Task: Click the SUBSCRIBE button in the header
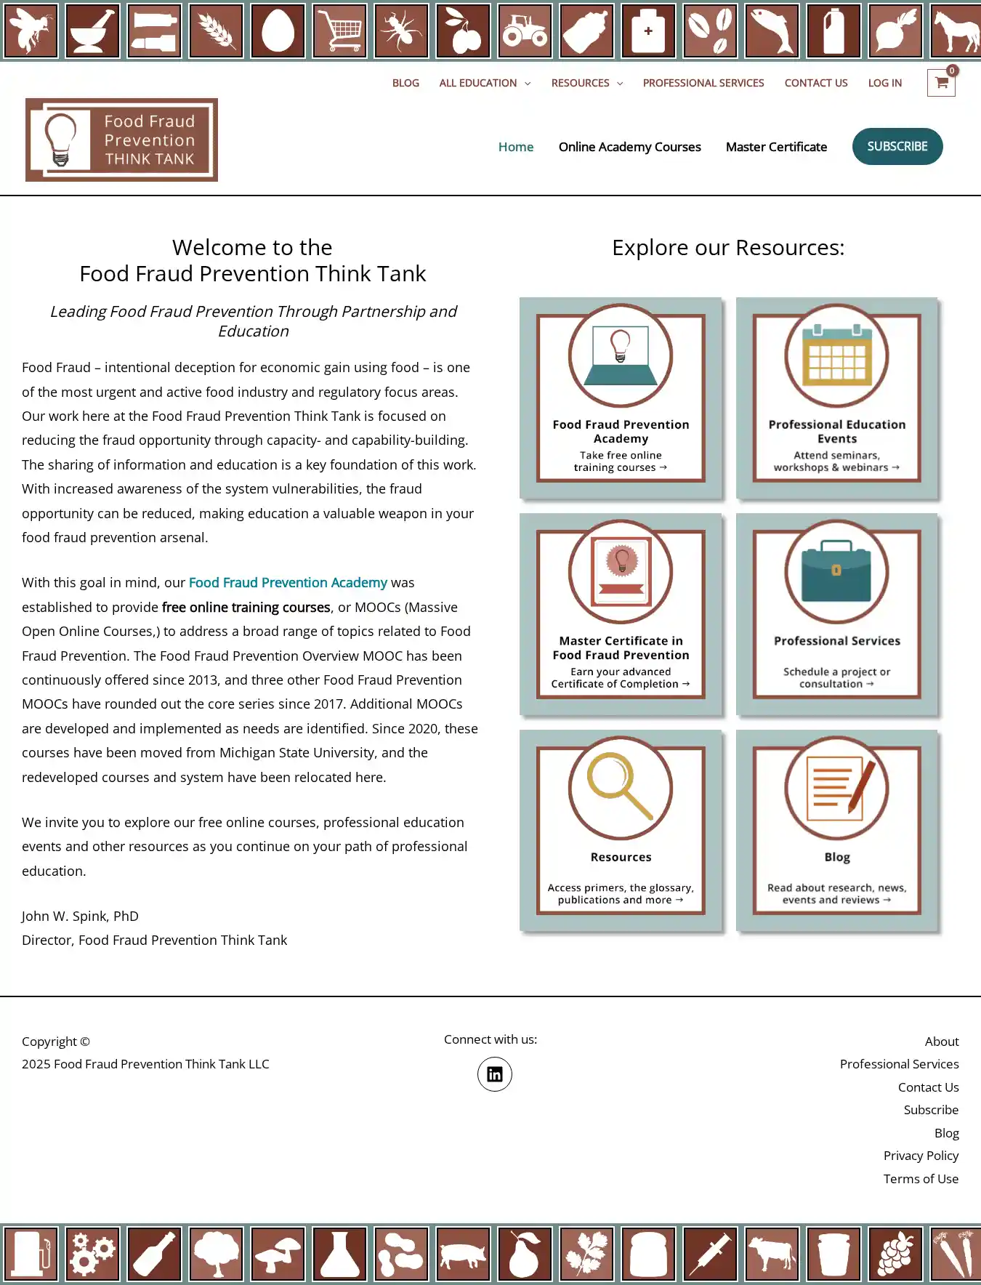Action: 897,147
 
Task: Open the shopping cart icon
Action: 941,83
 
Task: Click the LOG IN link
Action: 884,83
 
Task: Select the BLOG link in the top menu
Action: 405,83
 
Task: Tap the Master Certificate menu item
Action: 776,147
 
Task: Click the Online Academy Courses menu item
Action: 629,147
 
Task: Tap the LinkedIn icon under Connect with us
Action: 494,1074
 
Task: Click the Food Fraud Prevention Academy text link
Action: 288,583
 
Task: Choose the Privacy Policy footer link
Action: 921,1156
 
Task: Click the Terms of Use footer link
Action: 921,1179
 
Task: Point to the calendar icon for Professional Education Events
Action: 837,355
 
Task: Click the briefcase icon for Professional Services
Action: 836,571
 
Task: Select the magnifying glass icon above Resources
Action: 620,787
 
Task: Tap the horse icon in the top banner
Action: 956,31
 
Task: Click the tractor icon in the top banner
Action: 525,31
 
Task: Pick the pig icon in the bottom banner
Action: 464,1254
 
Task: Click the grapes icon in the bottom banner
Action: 895,1254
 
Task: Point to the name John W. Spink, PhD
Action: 80,917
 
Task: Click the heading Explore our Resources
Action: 728,248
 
